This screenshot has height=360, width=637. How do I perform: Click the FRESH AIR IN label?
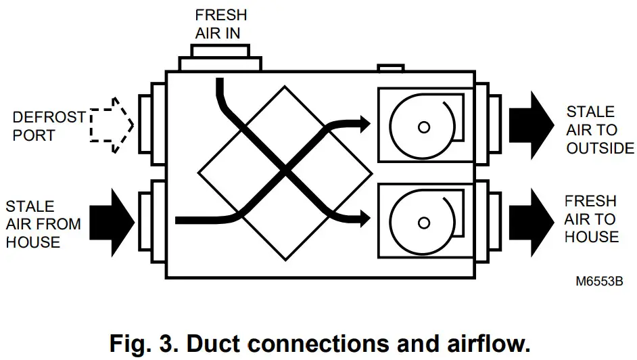coord(221,24)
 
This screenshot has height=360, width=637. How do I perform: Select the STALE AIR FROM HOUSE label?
coord(43,224)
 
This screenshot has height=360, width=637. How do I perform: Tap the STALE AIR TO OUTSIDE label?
coord(600,130)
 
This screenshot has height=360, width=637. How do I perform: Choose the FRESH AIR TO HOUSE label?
coord(592,219)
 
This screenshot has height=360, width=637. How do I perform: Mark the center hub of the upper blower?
coord(424,127)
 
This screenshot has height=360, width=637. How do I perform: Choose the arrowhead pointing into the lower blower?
coord(364,218)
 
